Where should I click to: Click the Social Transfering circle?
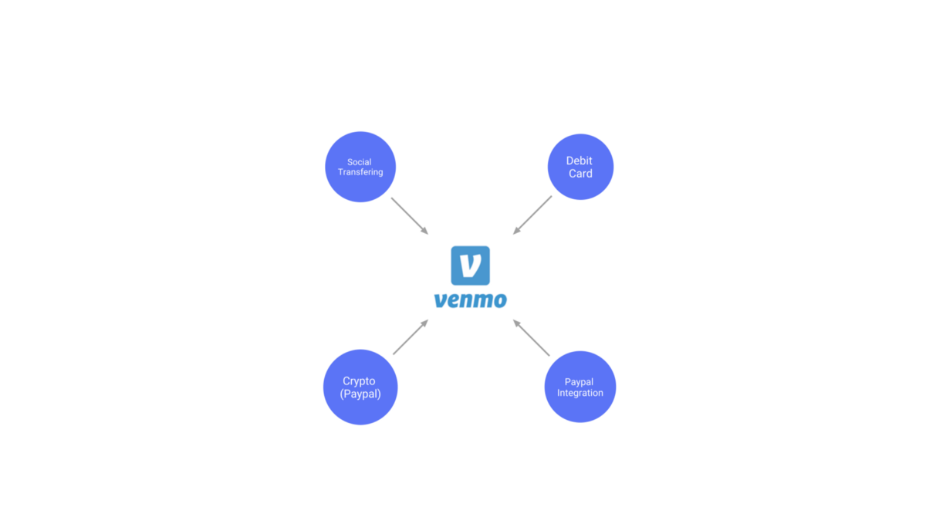coord(360,167)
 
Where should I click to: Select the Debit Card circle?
coord(580,167)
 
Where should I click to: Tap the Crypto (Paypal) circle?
coord(360,387)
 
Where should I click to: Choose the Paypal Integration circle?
coord(580,387)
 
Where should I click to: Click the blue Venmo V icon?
coord(470,266)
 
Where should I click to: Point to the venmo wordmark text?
coord(470,299)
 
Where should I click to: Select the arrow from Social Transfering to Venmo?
coord(409,215)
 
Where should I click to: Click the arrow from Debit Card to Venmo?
coord(532,215)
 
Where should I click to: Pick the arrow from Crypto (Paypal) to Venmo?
coord(410,337)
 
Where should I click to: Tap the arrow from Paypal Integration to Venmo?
coord(532,338)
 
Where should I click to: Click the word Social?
coord(360,162)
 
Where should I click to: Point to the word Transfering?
coord(360,172)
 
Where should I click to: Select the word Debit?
coord(580,161)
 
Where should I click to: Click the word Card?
coord(580,174)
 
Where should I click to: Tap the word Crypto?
coord(360,381)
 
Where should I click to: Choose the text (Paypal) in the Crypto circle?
coord(360,394)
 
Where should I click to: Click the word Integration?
coord(580,393)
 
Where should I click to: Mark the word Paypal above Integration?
coord(580,382)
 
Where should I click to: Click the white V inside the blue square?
coord(470,265)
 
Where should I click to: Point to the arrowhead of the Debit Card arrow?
coord(515,232)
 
